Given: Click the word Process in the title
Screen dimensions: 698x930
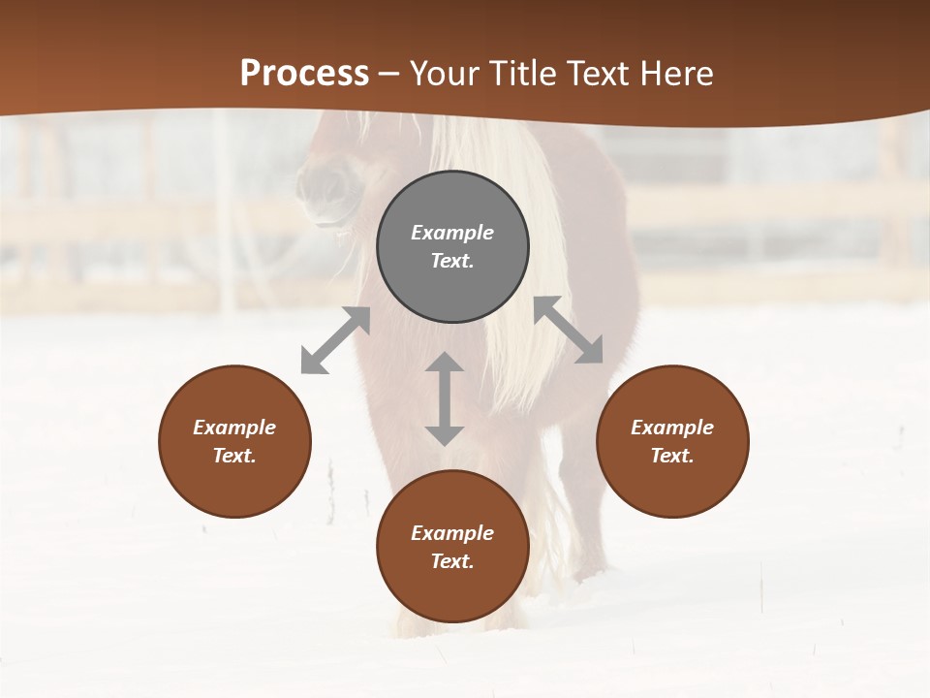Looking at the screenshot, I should tap(304, 74).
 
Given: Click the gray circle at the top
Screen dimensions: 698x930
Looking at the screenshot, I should tap(452, 247).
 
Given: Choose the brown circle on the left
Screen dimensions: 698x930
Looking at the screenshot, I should tap(234, 442).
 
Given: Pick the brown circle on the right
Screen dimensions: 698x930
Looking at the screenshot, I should tap(672, 442).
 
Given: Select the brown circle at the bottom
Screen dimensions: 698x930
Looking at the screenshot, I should tap(452, 547).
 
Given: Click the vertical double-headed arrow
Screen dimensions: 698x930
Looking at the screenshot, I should tap(445, 398).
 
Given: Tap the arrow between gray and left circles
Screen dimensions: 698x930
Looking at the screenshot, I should tap(335, 340).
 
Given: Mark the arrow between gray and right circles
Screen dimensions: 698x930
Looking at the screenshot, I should tap(568, 330).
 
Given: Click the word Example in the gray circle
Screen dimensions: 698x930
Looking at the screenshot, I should tap(452, 233).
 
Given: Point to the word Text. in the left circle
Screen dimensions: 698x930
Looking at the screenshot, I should tap(234, 456).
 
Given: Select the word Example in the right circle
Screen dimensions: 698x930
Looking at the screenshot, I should tap(672, 428).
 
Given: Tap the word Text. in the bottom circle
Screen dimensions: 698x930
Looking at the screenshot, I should tap(452, 561).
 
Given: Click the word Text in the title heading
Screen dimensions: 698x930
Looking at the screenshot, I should tap(598, 74).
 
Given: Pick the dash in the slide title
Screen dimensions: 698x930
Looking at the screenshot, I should tap(389, 75).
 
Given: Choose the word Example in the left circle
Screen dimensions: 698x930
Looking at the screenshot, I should tap(234, 428).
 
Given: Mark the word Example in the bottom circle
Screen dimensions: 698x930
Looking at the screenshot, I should tap(452, 533).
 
